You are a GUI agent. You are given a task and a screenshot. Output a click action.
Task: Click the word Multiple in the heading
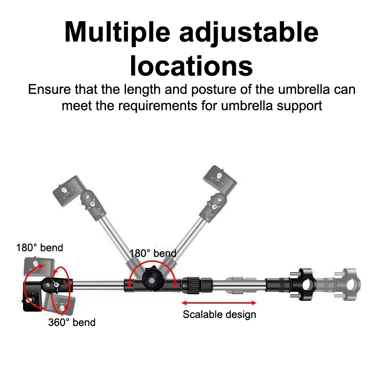pyautogui.click(x=117, y=33)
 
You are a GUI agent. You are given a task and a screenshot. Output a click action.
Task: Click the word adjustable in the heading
pyautogui.click(x=249, y=33)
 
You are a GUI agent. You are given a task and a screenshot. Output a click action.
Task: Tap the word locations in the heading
pyautogui.click(x=191, y=66)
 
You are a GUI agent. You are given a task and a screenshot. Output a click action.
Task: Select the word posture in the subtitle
pyautogui.click(x=214, y=90)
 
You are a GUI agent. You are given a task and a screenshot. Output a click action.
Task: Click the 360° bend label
pyautogui.click(x=72, y=322)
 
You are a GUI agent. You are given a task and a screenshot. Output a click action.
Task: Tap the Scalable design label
pyautogui.click(x=219, y=314)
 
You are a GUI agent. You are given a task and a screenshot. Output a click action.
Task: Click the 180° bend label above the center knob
pyautogui.click(x=153, y=253)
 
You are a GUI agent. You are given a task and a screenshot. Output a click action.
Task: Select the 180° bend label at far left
pyautogui.click(x=39, y=248)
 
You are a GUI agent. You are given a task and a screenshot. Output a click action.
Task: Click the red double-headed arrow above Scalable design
pyautogui.click(x=219, y=303)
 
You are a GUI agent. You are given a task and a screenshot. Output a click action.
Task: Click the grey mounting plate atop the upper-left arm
pyautogui.click(x=66, y=189)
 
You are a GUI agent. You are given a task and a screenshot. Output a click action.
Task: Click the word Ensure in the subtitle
pyautogui.click(x=49, y=90)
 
